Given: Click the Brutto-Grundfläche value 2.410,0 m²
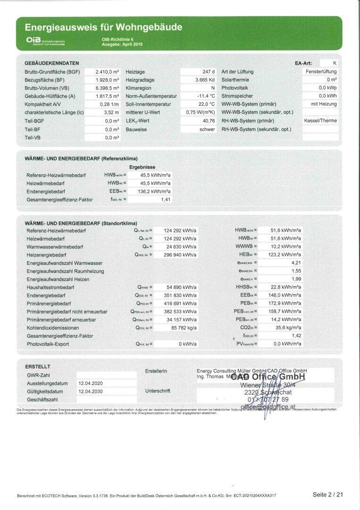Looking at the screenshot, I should click(x=108, y=72).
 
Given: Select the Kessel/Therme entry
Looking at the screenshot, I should click(x=320, y=120).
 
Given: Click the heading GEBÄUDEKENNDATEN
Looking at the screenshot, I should click(x=52, y=63).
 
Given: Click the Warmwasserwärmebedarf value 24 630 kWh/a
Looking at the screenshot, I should click(x=180, y=246).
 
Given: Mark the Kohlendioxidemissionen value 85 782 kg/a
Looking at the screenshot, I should click(x=180, y=327).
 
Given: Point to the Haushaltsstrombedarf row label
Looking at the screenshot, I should click(x=50, y=287).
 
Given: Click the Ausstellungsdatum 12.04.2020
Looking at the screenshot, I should click(x=91, y=383).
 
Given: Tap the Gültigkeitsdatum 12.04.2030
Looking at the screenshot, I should click(x=91, y=391).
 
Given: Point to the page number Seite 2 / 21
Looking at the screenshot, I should click(x=327, y=494).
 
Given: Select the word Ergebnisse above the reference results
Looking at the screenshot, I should click(x=142, y=167).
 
